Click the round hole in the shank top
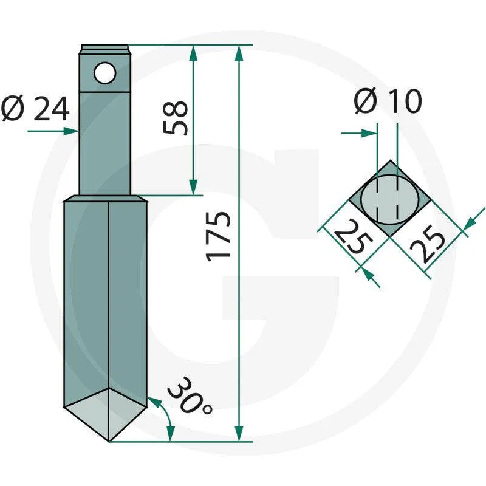click(x=104, y=74)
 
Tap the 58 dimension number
click(x=176, y=118)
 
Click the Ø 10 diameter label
click(x=388, y=102)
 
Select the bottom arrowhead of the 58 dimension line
click(x=193, y=188)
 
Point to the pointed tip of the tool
click(x=108, y=440)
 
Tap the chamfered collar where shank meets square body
click(x=105, y=199)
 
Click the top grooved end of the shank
click(x=105, y=47)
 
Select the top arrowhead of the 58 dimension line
click(x=193, y=52)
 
